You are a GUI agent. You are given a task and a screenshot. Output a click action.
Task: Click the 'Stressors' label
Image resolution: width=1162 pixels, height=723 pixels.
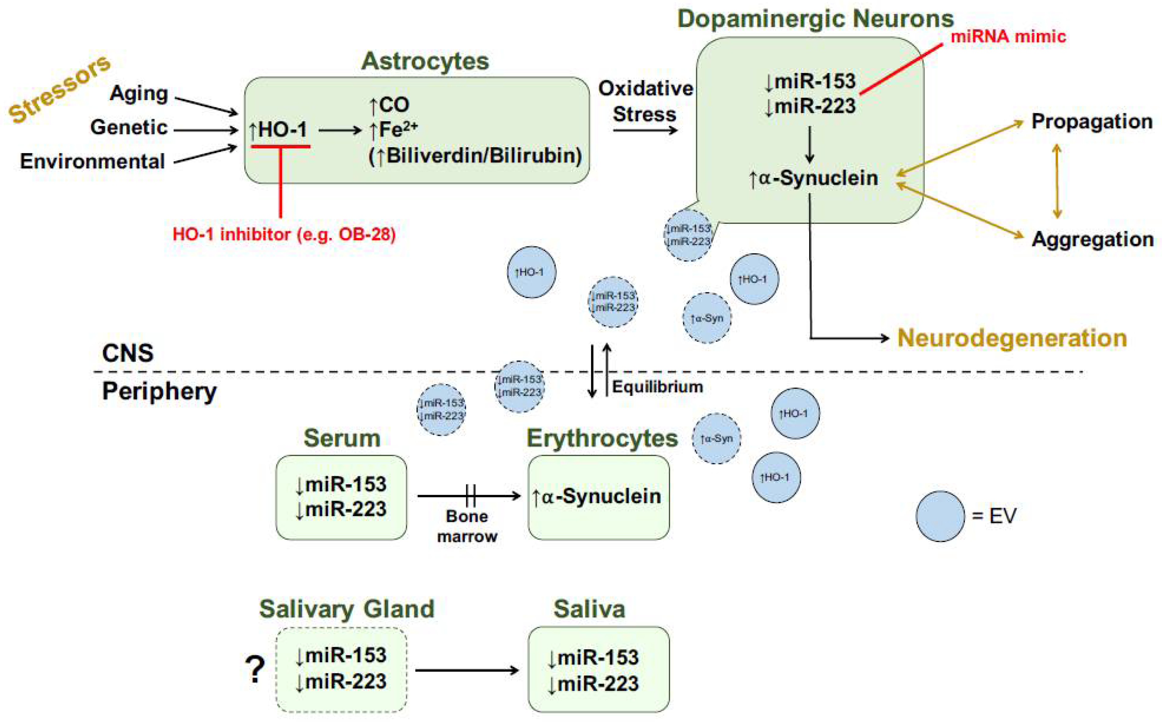tap(60, 89)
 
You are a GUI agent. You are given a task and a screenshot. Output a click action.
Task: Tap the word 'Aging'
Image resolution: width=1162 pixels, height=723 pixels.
tap(139, 93)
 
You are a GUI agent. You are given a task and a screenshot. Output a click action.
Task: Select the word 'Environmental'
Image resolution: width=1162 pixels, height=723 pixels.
tap(93, 161)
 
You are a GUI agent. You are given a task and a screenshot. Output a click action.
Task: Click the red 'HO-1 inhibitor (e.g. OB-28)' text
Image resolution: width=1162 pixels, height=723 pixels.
tap(284, 234)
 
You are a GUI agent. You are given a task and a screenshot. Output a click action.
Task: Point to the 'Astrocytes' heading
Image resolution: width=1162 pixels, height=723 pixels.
tap(425, 61)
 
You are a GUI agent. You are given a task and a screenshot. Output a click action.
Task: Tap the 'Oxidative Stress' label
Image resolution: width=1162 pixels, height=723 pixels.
tap(645, 101)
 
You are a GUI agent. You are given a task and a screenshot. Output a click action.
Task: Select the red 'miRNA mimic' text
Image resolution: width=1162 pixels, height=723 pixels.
tap(1008, 36)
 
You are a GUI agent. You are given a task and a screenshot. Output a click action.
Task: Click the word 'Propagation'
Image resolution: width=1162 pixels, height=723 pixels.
tap(1092, 121)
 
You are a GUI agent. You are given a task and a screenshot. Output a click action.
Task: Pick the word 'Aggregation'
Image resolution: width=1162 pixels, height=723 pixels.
tap(1092, 239)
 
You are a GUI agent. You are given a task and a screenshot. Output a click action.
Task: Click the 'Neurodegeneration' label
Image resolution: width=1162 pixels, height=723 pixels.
tap(1012, 338)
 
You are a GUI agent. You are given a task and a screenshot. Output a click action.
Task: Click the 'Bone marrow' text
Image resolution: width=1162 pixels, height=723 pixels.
tap(467, 526)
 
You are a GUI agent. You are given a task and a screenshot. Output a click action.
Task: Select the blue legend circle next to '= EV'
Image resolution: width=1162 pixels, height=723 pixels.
tap(940, 516)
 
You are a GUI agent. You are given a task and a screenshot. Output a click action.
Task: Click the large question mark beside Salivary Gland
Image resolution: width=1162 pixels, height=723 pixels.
tap(255, 669)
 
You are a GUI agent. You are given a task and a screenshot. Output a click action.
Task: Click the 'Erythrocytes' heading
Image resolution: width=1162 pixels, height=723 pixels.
tap(602, 438)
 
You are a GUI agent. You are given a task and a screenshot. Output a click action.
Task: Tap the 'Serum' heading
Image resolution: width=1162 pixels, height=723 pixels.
tap(342, 438)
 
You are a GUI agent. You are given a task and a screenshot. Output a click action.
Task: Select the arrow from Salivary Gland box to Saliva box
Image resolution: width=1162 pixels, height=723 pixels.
tap(467, 671)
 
